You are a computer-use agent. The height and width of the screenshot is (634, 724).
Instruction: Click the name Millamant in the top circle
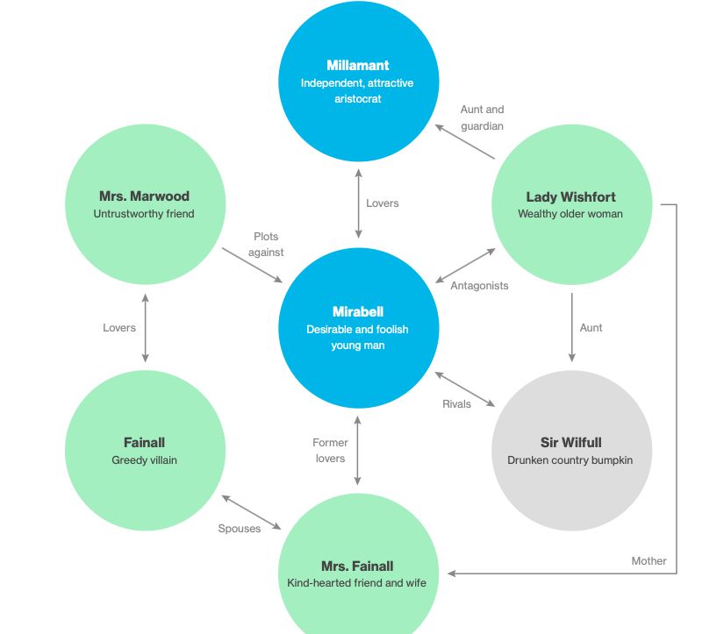coord(357,65)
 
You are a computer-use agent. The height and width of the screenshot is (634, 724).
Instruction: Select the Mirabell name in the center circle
coord(357,311)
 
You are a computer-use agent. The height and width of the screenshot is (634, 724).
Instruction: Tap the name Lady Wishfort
coord(570,196)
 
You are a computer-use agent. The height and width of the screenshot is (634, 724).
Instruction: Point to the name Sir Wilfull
coord(570,443)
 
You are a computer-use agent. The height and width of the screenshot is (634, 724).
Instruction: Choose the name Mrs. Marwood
coord(144,196)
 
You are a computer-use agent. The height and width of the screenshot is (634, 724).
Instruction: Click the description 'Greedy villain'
coord(144,459)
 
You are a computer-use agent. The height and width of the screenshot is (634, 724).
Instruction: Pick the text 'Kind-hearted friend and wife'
coord(357,582)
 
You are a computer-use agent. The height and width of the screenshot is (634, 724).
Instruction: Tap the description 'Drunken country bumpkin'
coord(570,459)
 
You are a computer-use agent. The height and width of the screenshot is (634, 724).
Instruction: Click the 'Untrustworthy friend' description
coord(144,213)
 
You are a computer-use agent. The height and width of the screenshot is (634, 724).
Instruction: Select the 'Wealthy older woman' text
coord(570,213)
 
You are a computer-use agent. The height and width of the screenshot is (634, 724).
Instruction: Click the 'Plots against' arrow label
coord(266,245)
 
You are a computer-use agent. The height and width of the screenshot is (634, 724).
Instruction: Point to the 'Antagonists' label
coord(479,285)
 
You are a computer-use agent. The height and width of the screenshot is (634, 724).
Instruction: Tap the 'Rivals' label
coord(456,404)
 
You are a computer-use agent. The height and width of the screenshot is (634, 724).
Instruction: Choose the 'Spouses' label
coord(240,529)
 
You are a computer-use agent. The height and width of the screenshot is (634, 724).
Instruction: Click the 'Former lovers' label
coord(330,451)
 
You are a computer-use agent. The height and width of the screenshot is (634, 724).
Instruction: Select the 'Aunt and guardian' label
coord(483,118)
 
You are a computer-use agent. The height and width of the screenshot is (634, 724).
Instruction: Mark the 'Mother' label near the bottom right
coord(649,561)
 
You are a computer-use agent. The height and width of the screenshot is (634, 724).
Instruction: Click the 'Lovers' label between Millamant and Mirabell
coord(382,203)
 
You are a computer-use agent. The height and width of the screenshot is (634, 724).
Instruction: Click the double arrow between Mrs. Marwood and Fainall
coord(145,327)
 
